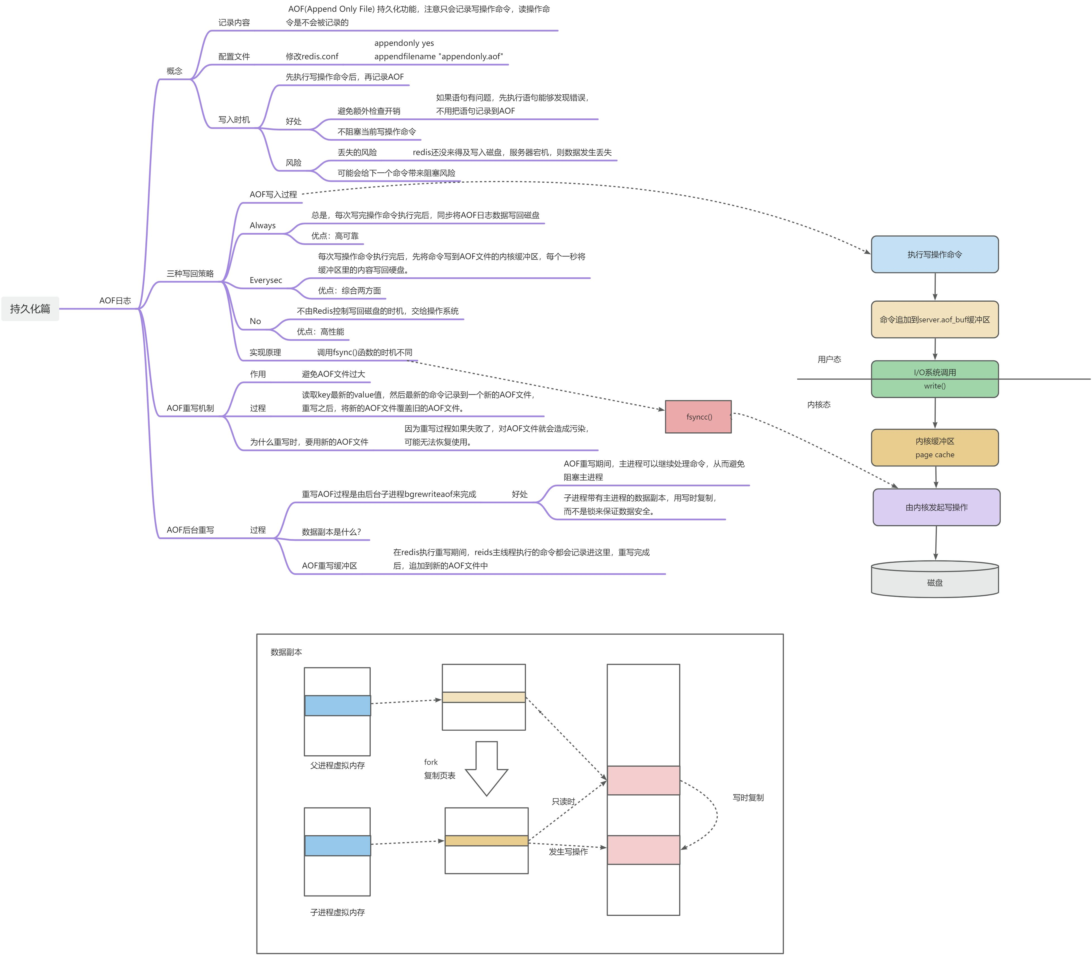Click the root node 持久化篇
click(30, 309)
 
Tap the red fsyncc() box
click(698, 417)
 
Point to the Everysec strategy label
click(266, 280)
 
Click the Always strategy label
click(263, 225)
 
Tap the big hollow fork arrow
click(486, 767)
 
